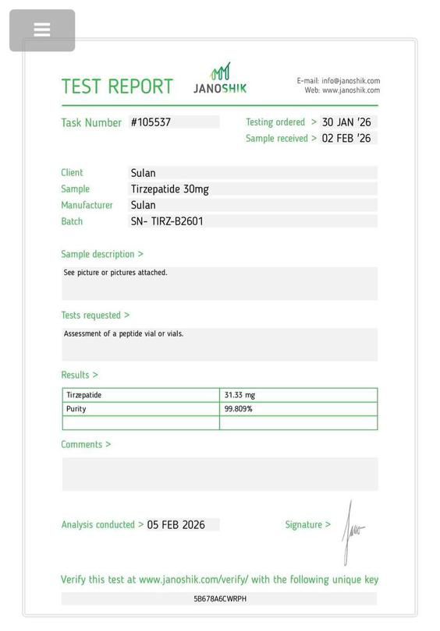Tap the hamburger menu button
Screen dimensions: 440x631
tap(42, 30)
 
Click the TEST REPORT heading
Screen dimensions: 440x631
tap(117, 86)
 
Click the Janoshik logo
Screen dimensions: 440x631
tap(220, 79)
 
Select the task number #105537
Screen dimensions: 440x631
tap(151, 122)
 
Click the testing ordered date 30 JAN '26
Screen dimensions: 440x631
tap(346, 122)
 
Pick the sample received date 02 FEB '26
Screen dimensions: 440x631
tap(346, 139)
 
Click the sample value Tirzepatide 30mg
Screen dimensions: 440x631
tap(169, 189)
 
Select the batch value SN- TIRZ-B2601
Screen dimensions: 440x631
tap(167, 221)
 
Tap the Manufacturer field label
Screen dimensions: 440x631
tap(87, 206)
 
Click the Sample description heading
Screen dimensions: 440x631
tap(102, 254)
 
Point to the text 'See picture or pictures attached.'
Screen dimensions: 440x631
tap(115, 273)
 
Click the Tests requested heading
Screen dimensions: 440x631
tap(95, 315)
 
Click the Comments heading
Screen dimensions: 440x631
tap(86, 444)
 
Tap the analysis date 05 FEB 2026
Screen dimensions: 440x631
tap(176, 525)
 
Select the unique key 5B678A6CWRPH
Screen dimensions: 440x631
tap(220, 599)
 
